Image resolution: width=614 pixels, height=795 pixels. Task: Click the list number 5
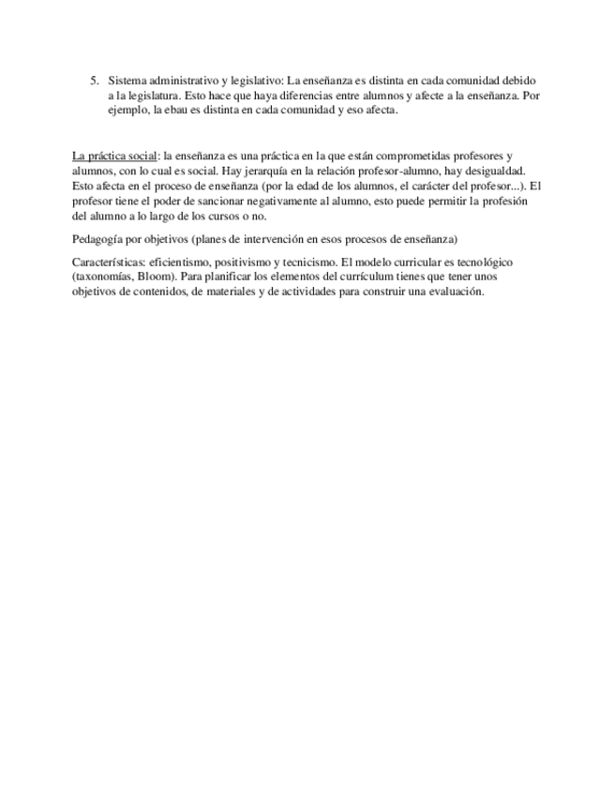92,82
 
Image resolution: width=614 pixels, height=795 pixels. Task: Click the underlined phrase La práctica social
114,156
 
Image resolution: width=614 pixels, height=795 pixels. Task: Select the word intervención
267,239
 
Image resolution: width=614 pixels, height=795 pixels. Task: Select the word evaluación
454,292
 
